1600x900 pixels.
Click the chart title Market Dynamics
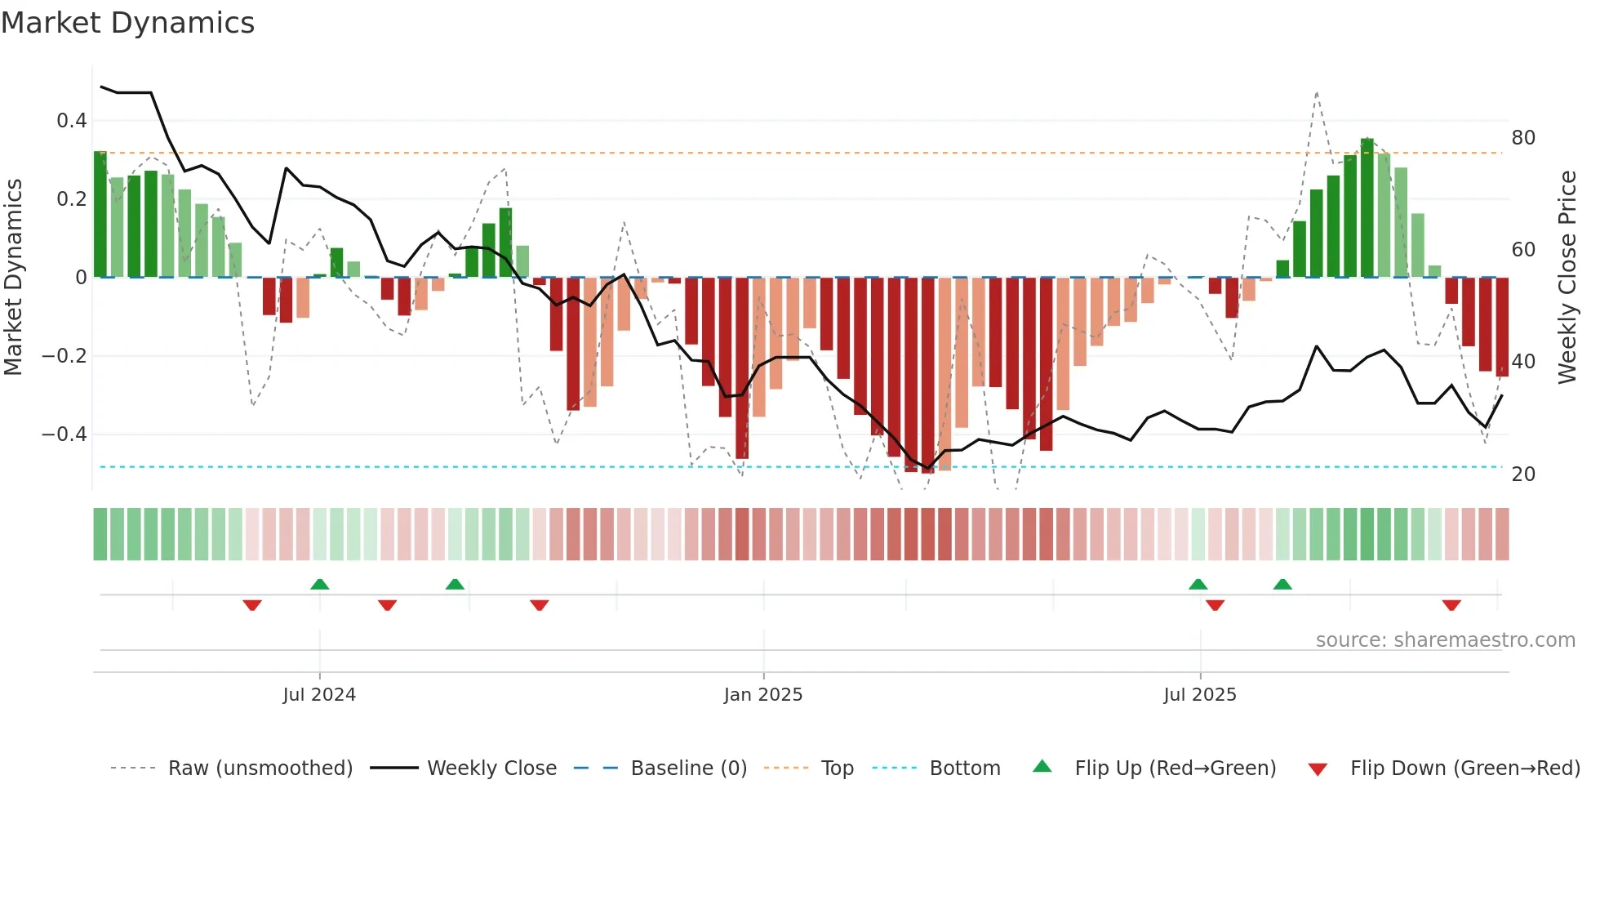coord(128,23)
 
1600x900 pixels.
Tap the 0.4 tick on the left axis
coord(71,121)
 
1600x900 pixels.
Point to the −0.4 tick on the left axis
coord(64,434)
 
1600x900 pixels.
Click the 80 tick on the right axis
coord(1523,137)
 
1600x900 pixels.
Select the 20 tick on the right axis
coord(1523,474)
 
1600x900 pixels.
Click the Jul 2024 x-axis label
coord(319,694)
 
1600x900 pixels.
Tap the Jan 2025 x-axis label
coord(763,694)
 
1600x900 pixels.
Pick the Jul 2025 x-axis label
coord(1200,694)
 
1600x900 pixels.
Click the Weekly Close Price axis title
coord(1567,278)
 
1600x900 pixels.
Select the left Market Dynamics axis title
coord(14,278)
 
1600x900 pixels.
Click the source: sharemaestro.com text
coord(1445,639)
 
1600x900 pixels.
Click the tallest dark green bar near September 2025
coord(1367,208)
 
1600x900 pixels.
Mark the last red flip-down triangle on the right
coord(1451,605)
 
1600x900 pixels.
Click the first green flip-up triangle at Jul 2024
coord(320,584)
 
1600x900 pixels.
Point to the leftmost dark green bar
coord(100,214)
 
